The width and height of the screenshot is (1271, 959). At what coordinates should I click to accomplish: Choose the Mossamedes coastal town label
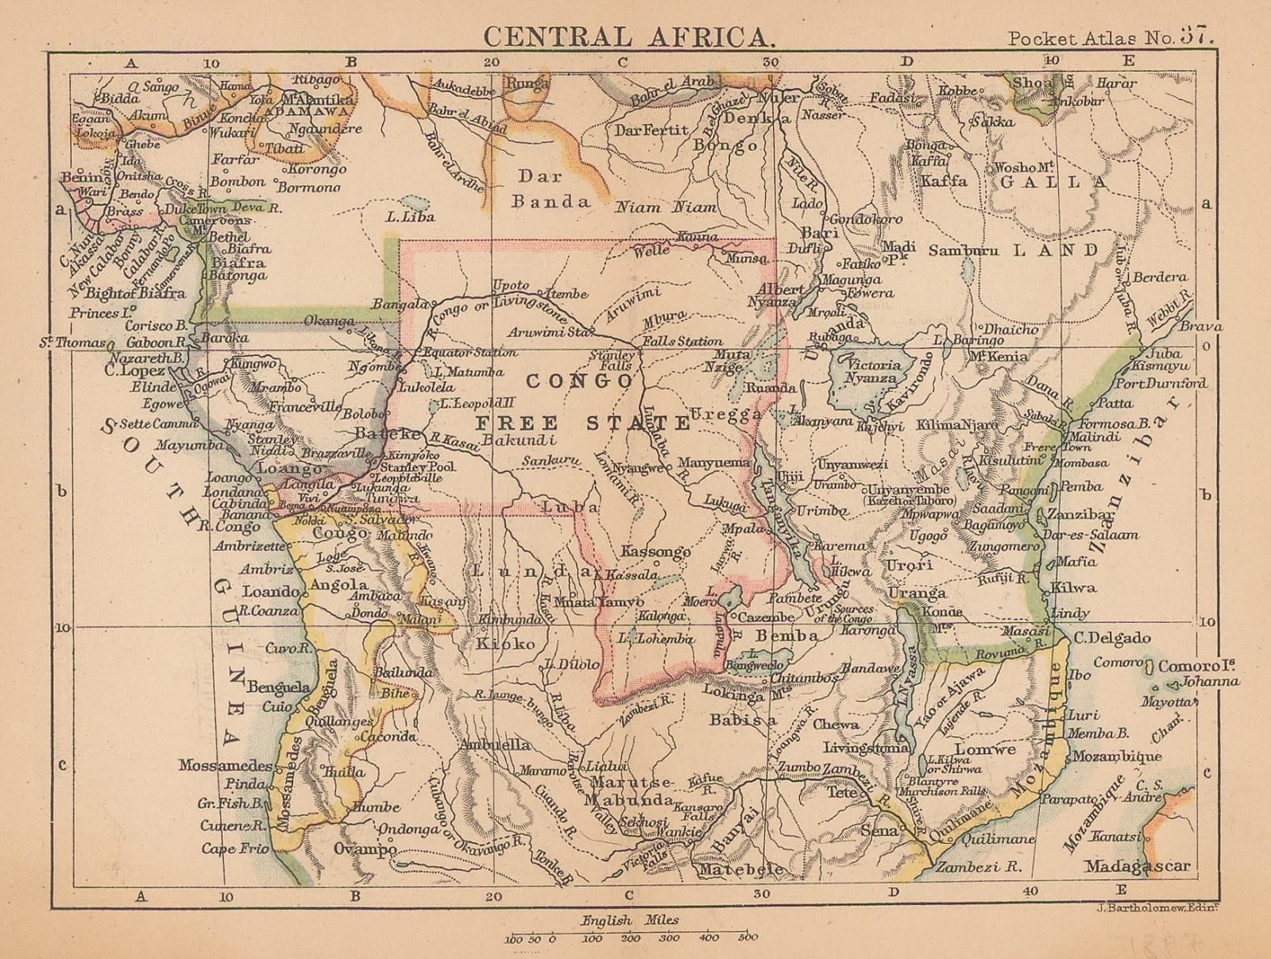[x=225, y=767]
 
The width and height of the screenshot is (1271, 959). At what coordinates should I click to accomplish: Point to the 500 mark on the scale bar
[x=747, y=938]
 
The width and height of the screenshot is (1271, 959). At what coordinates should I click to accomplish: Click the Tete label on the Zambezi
[x=842, y=792]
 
